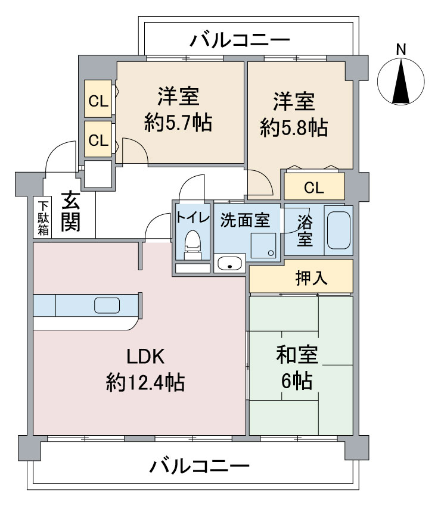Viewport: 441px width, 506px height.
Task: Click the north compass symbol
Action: point(401,82)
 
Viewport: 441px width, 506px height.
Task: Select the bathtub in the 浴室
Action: point(338,230)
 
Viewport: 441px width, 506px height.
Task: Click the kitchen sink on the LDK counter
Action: point(107,305)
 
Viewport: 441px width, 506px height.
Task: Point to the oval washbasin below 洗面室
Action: point(229,263)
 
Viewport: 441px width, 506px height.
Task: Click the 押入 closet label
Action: point(312,278)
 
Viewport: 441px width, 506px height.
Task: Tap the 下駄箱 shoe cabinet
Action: point(42,217)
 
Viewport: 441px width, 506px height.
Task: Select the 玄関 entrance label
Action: point(71,211)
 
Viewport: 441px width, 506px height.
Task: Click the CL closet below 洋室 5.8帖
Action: point(314,186)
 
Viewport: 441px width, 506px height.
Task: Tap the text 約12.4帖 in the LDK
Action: point(145,382)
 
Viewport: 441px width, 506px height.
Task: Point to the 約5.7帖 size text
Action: point(178,122)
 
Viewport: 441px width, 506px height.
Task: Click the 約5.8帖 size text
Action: point(294,127)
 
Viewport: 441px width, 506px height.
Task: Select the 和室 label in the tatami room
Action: point(297,355)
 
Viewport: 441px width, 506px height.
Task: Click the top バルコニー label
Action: point(240,40)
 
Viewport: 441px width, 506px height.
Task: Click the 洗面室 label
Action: point(245,220)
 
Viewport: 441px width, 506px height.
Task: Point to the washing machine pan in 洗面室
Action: point(263,245)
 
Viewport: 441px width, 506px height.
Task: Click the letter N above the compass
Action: point(401,49)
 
